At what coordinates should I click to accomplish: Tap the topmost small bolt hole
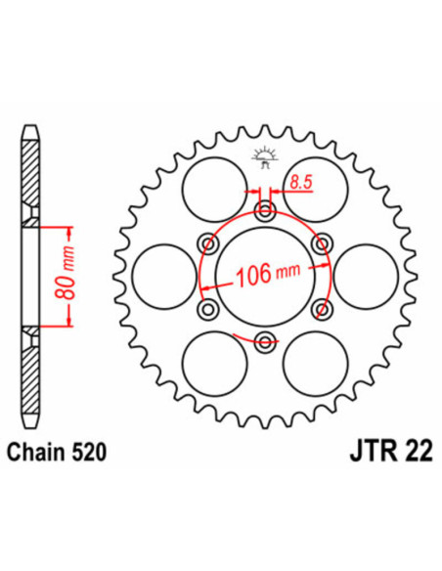point(263,211)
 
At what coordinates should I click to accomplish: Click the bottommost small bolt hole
point(263,340)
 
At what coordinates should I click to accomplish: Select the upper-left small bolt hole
point(207,243)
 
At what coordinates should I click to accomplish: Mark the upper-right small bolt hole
point(319,243)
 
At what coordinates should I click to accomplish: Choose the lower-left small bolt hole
point(207,308)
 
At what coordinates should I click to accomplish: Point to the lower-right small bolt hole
point(319,308)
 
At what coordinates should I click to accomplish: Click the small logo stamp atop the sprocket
point(263,154)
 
